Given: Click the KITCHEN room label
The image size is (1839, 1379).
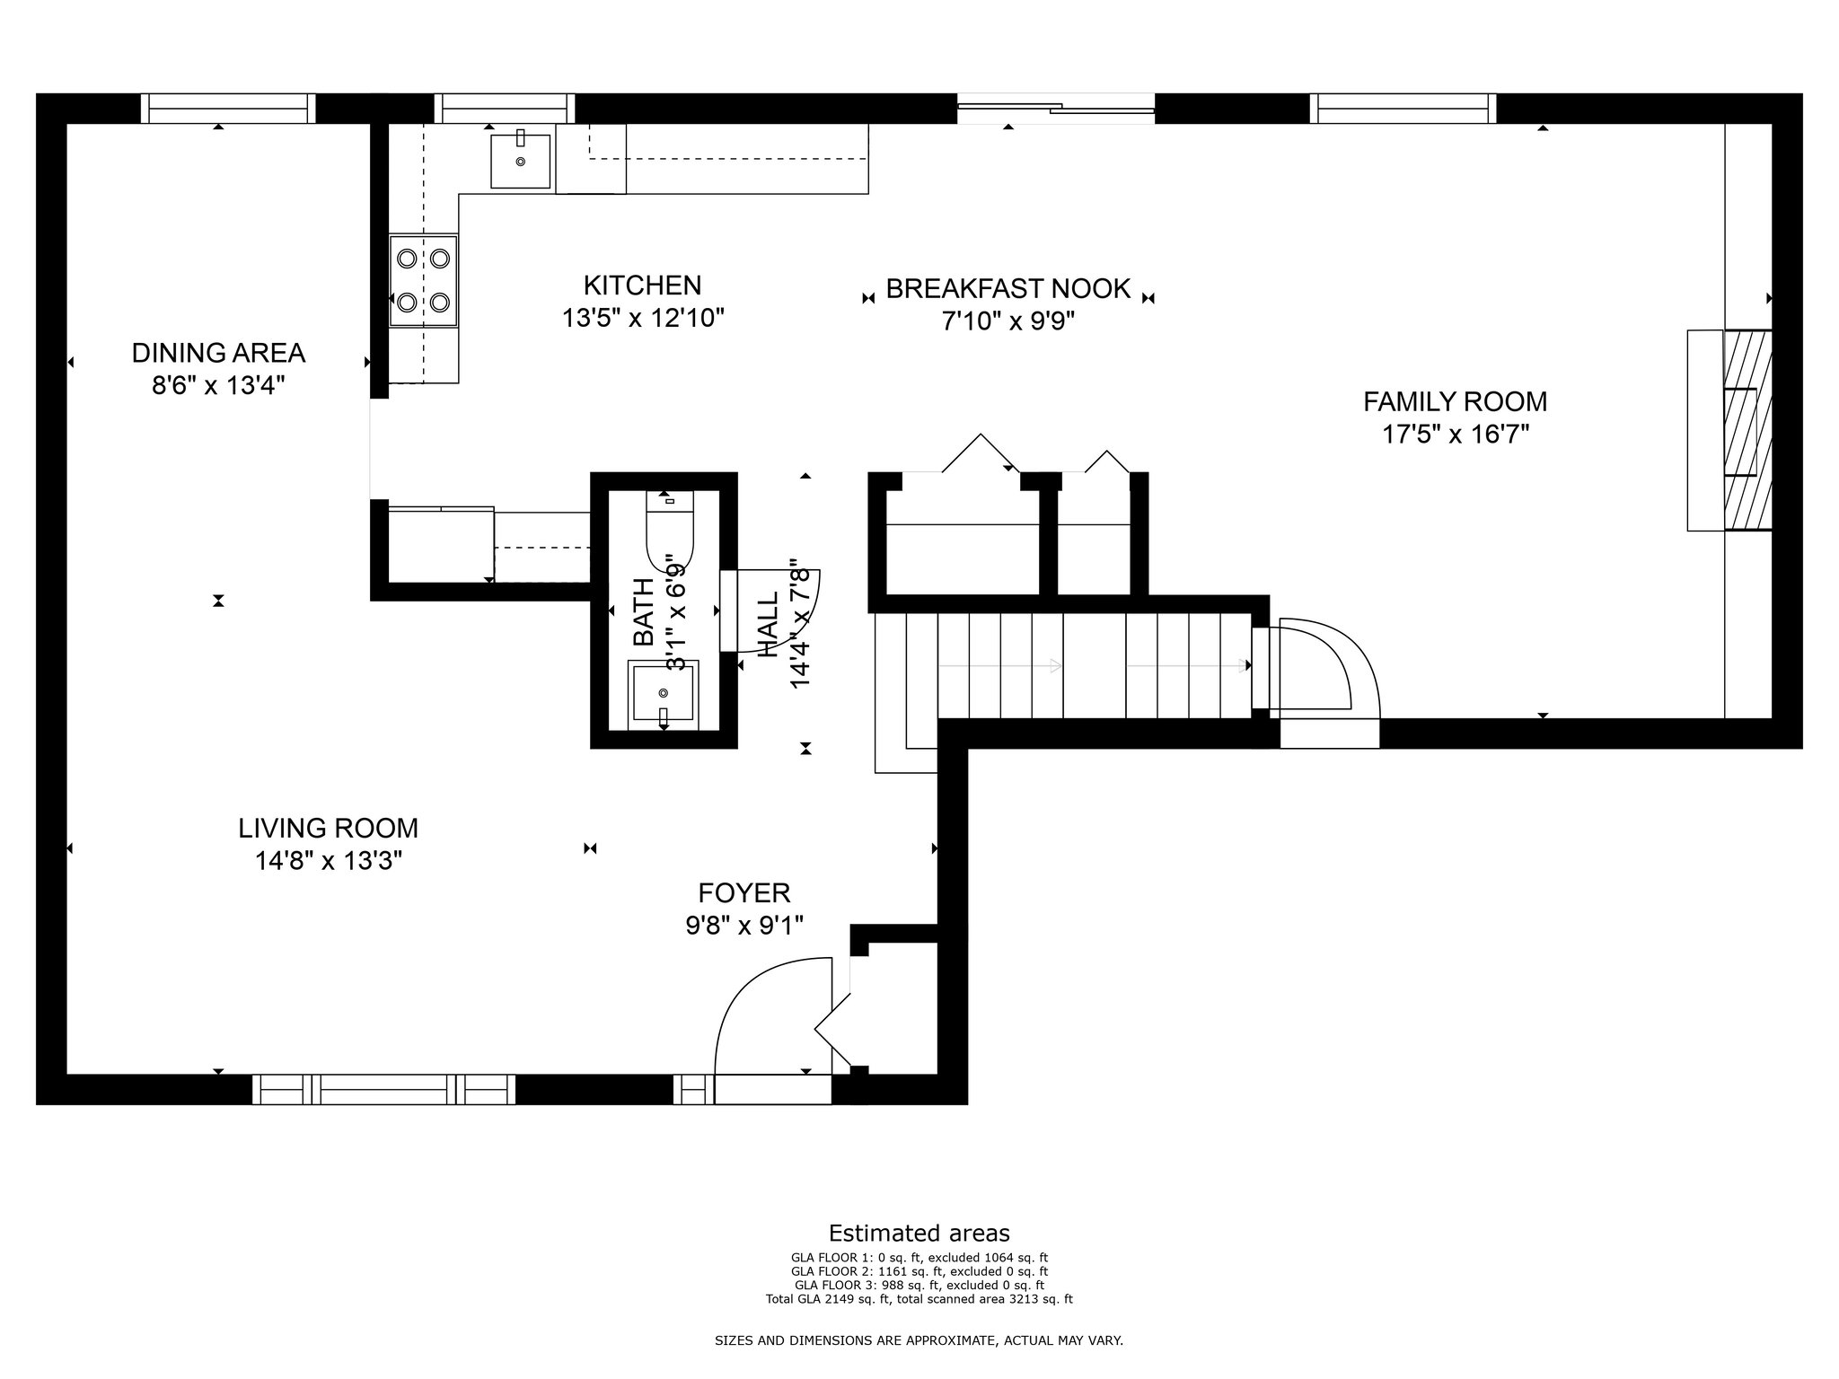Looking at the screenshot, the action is pyautogui.click(x=642, y=285).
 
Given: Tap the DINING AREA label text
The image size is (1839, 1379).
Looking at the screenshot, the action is pyautogui.click(x=218, y=353).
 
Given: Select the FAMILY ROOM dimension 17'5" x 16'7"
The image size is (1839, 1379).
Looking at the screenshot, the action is pyautogui.click(x=1455, y=435).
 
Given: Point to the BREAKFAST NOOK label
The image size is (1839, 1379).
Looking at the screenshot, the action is pyautogui.click(x=1007, y=288).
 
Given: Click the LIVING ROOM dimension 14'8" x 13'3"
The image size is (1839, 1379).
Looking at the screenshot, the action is pyautogui.click(x=328, y=861).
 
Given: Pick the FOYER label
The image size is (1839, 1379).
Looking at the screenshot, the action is pyautogui.click(x=744, y=893).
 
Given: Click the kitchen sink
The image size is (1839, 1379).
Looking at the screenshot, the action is pyautogui.click(x=520, y=159).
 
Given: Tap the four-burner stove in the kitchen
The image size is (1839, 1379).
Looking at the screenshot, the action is pyautogui.click(x=423, y=280).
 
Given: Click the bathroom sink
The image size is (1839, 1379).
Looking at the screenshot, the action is pyautogui.click(x=663, y=691).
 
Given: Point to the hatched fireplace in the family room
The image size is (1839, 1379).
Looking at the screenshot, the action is pyautogui.click(x=1747, y=430).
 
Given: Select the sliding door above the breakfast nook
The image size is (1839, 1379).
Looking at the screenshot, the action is pyautogui.click(x=1056, y=109).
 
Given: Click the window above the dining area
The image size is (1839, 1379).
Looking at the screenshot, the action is pyautogui.click(x=229, y=109).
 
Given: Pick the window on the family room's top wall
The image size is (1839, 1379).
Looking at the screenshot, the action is pyautogui.click(x=1403, y=109).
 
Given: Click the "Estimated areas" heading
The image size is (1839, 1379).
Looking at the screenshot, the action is pyautogui.click(x=919, y=1233).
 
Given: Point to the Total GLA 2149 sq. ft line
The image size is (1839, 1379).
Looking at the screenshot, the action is pyautogui.click(x=919, y=1298).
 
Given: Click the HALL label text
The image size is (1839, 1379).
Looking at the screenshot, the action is pyautogui.click(x=769, y=625).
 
